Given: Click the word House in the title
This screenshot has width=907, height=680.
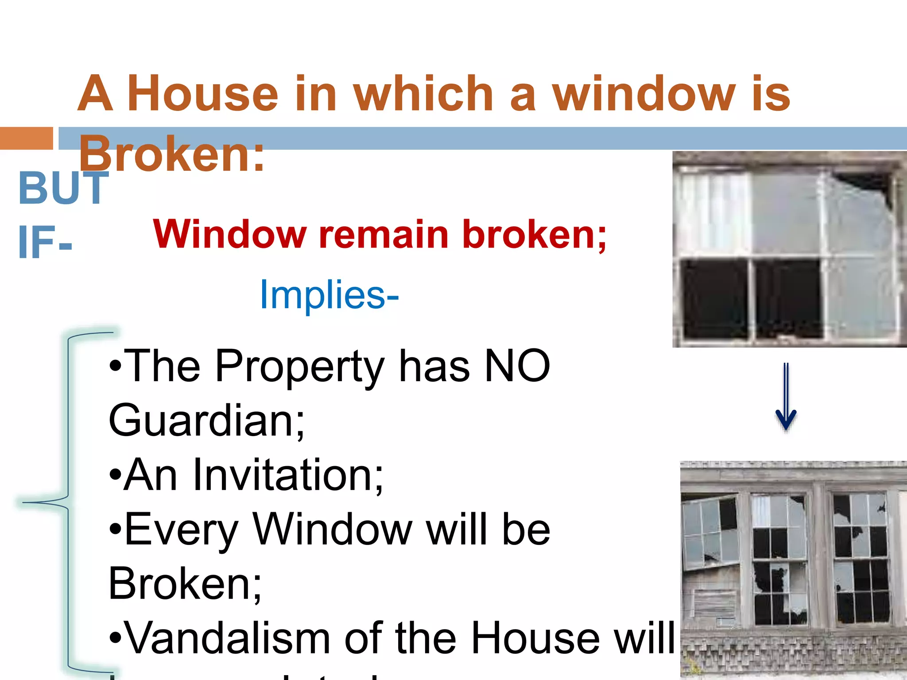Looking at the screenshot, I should (x=203, y=94).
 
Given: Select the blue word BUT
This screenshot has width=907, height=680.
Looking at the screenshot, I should (x=63, y=188).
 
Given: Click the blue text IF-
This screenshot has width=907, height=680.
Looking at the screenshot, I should (x=44, y=243).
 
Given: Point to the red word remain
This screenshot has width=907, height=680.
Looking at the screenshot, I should (x=384, y=235).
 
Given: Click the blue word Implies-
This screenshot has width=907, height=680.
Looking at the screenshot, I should (x=329, y=294).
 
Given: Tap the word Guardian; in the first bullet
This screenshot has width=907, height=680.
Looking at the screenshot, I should (x=206, y=420).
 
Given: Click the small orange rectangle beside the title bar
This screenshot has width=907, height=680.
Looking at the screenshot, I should (x=27, y=139).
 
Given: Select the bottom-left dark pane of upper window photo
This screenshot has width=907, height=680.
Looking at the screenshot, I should (x=713, y=299).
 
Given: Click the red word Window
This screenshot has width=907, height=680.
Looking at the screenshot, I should (x=229, y=235).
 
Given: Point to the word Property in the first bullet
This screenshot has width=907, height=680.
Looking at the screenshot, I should (x=299, y=366).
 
